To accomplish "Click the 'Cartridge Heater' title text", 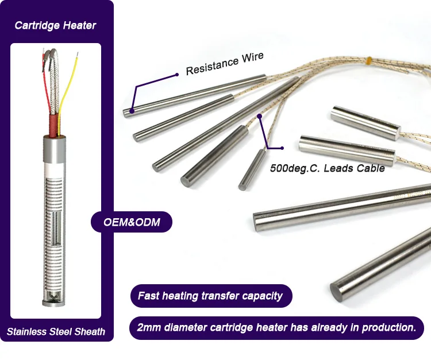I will click(56, 25).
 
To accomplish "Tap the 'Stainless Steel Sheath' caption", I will click(56, 331).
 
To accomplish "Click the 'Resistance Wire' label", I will click(225, 64).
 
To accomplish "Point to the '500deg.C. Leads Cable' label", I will click(327, 169).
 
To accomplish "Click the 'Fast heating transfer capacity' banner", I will click(210, 296).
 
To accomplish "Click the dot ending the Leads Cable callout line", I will click(260, 117).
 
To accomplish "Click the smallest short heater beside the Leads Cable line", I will click(251, 171).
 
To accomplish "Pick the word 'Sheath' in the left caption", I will click(90, 331).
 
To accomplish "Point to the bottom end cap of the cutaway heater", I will click(56, 298).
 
